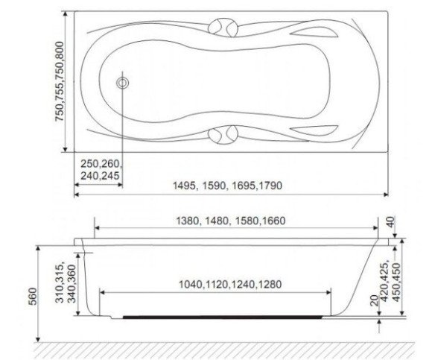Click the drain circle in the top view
pyautogui.click(x=123, y=83)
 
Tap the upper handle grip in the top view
pyautogui.click(x=223, y=28)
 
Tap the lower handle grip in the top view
pyautogui.click(x=223, y=135)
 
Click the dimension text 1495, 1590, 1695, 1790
pyautogui.click(x=228, y=186)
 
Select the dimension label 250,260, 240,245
pyautogui.click(x=101, y=169)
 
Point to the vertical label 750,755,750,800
pyautogui.click(x=60, y=81)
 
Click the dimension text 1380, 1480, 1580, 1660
pyautogui.click(x=231, y=221)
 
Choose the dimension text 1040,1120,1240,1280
pyautogui.click(x=230, y=284)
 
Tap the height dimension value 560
pyautogui.click(x=33, y=296)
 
